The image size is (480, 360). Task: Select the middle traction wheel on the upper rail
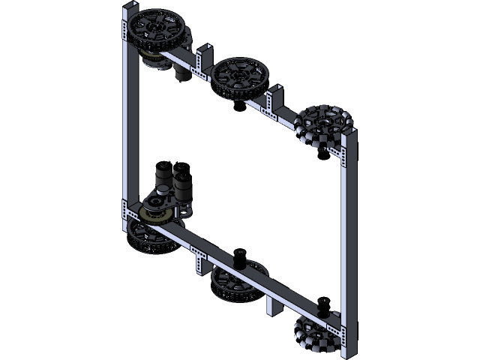239,74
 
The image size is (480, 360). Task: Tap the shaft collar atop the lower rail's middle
241,257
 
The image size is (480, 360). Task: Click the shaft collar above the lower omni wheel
324,305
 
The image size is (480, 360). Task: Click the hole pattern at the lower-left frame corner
124,217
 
